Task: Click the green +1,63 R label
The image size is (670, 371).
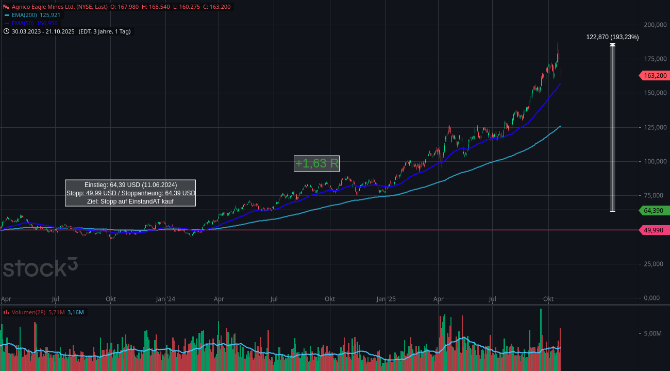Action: (316, 163)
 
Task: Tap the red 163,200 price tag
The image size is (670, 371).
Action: (655, 76)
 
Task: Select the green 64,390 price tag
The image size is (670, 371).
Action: (654, 210)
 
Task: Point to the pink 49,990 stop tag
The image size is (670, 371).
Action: (654, 230)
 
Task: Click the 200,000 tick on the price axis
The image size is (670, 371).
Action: (656, 25)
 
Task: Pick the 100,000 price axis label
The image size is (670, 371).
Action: (656, 161)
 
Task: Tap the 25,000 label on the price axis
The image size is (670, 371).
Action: (656, 264)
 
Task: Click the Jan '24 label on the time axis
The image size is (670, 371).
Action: (165, 299)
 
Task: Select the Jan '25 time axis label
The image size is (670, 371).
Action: (386, 299)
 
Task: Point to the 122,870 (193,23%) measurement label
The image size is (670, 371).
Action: (612, 37)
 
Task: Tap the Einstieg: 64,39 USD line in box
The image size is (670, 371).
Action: (130, 185)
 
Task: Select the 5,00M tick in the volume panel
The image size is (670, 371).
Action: (652, 333)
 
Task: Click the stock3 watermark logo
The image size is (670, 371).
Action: (40, 267)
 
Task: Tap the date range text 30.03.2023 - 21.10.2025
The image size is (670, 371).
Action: (43, 31)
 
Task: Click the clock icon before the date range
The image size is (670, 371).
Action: (6, 31)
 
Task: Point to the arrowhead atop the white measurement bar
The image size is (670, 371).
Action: (612, 45)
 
